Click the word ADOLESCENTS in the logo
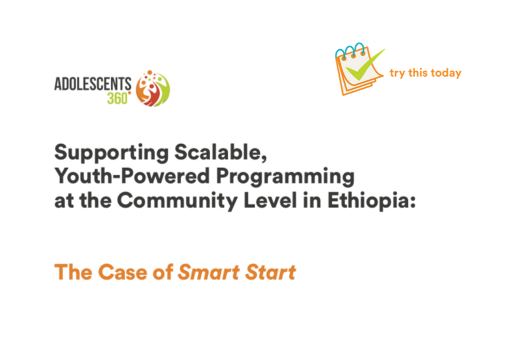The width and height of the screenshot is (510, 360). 92,84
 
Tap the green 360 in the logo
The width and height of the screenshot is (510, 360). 118,98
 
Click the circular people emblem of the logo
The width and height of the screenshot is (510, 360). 152,89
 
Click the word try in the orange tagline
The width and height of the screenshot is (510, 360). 397,73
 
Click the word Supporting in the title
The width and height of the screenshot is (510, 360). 112,153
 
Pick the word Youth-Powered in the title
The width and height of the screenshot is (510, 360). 132,176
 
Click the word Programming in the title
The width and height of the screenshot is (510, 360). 285,177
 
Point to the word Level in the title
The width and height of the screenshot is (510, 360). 270,200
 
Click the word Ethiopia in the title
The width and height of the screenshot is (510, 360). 368,200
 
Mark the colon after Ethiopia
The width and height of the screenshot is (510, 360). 412,203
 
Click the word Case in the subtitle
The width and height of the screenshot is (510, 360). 122,272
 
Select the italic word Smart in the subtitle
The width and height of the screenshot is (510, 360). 209,272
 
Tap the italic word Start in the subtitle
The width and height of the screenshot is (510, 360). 271,272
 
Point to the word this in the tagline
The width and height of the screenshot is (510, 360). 418,73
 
